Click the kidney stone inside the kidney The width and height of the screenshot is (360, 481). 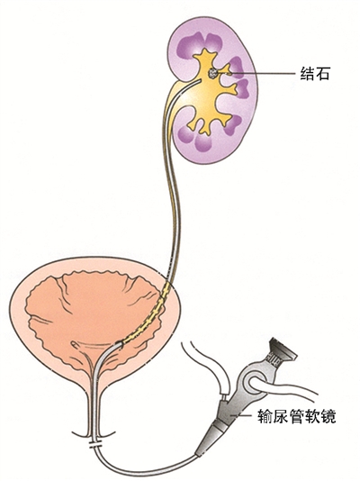pos(212,73)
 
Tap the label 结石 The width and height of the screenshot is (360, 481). pos(314,74)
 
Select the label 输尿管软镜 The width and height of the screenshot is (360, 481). pos(297,416)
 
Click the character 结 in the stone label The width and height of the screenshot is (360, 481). pos(307,74)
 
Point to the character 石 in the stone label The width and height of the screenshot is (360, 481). pos(322,74)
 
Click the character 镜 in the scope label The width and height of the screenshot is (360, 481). pos(328,416)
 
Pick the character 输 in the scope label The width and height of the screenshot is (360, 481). pos(265,416)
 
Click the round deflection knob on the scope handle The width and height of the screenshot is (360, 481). pos(252,382)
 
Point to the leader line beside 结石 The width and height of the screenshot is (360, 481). pos(261,74)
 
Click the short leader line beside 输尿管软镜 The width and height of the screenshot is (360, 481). pos(244,415)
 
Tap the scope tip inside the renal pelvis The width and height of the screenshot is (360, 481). pos(199,81)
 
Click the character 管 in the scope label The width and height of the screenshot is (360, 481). pos(297,416)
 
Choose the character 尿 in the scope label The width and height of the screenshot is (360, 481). pos(281,416)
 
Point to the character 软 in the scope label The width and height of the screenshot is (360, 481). pos(312,416)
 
